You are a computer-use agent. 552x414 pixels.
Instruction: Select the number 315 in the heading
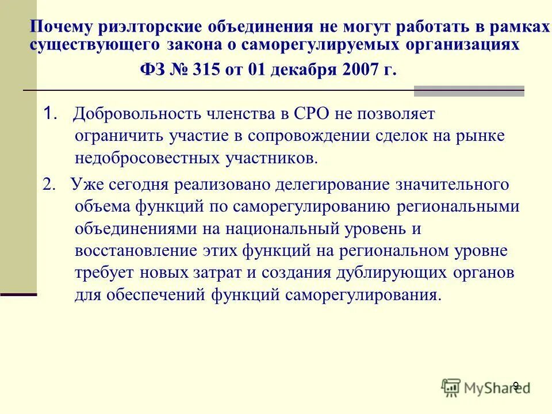[212, 70]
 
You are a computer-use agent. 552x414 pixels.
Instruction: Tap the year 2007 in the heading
[359, 70]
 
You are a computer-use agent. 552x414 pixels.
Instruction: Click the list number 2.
[49, 185]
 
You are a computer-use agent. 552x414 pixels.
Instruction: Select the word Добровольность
[132, 114]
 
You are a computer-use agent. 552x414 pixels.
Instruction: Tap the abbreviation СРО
[308, 114]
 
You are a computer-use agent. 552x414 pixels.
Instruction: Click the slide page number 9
[516, 385]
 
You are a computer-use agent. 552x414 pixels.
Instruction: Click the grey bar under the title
[469, 91]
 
